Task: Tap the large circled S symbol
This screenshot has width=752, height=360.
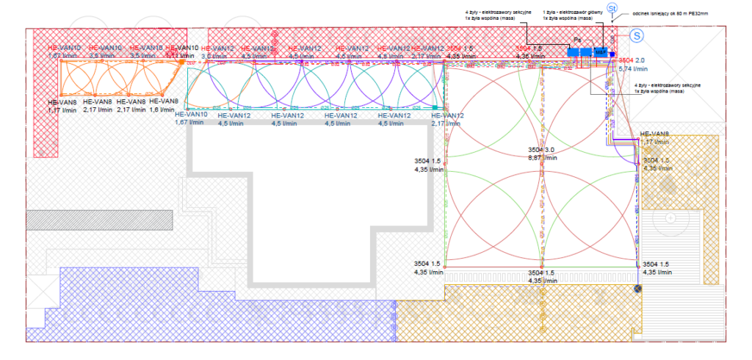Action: (x=637, y=35)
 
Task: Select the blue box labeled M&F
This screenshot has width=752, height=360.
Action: (x=601, y=52)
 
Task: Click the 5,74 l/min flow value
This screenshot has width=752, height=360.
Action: (x=632, y=68)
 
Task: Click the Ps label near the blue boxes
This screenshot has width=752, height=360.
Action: (x=577, y=40)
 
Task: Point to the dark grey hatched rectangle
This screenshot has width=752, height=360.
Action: (x=100, y=219)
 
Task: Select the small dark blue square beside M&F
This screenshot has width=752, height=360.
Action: (x=612, y=54)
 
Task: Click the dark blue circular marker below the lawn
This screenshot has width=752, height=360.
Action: (x=637, y=289)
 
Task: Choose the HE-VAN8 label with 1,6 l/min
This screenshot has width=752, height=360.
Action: (x=164, y=101)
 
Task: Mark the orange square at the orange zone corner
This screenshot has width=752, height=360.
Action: (x=181, y=63)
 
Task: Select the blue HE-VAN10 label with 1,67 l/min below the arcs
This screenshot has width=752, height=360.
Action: (x=191, y=115)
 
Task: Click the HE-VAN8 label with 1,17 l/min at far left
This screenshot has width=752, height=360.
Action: (x=62, y=102)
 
